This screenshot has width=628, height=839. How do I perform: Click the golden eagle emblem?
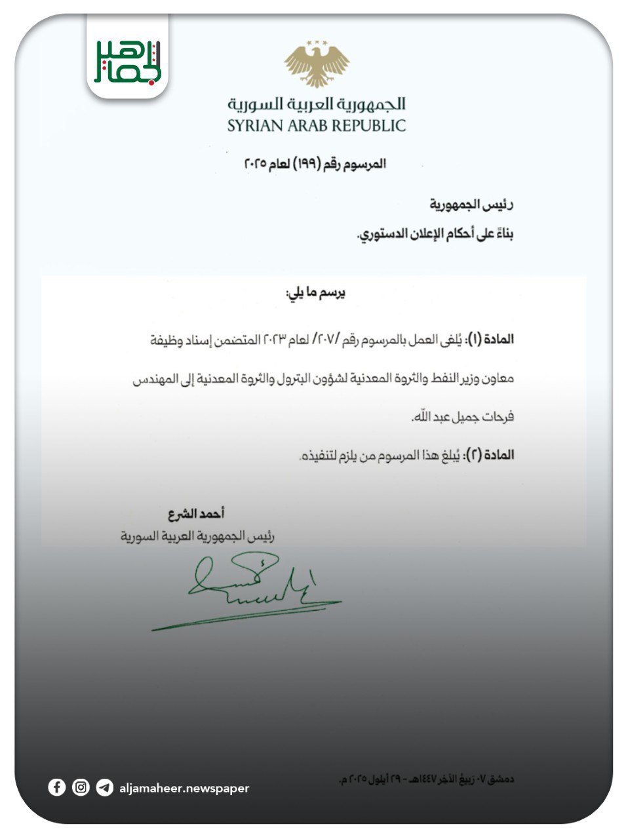tap(317, 64)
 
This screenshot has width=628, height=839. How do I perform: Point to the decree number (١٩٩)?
tap(309, 163)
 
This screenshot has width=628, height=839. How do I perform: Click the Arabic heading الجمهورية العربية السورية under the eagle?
tap(317, 104)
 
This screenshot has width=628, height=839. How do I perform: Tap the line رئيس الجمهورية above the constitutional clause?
tap(471, 205)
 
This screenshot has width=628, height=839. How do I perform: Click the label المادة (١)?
tap(489, 339)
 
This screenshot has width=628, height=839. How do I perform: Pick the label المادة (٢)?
tap(489, 454)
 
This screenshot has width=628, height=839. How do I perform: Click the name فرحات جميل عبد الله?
tap(461, 416)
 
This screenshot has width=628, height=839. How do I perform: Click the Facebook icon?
tap(57, 787)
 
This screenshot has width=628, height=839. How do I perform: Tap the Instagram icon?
tap(81, 787)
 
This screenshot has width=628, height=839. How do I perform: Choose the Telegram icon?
tap(104, 787)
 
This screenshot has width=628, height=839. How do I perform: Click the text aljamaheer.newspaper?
tap(184, 788)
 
